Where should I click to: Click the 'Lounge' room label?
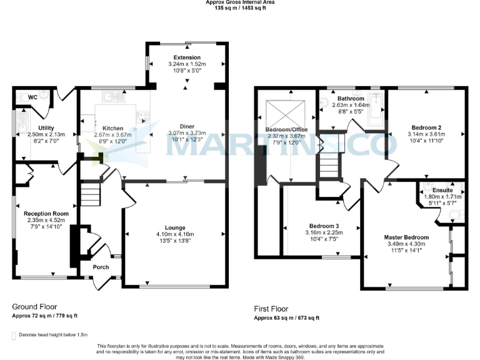[175, 227]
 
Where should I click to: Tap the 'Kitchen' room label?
[113, 127]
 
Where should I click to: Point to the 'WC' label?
[32, 98]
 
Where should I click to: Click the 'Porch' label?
[101, 267]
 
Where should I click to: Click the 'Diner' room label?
[186, 126]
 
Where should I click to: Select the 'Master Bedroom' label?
[406, 237]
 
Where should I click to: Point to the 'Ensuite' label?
[442, 189]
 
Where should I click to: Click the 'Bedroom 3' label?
[324, 226]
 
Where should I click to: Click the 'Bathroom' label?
[351, 99]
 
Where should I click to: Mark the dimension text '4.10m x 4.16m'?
[175, 234]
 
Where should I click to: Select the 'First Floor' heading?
[271, 309]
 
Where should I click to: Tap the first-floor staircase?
[328, 167]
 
